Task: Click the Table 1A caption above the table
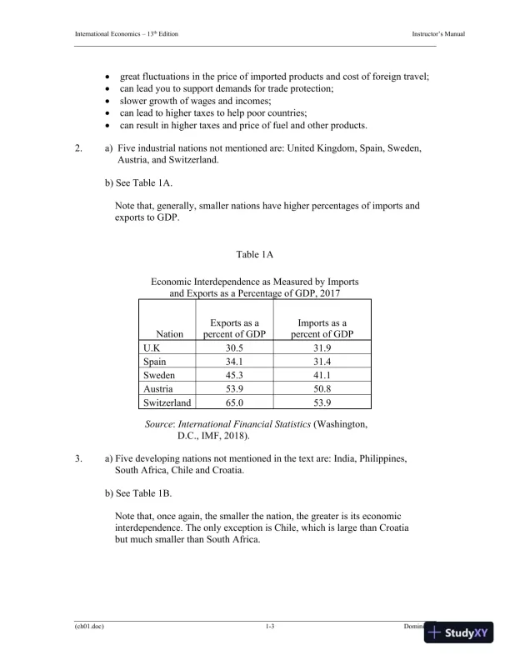[x=255, y=253]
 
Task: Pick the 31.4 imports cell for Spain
[x=322, y=362]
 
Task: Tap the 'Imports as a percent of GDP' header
[x=322, y=328]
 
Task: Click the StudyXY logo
[x=457, y=634]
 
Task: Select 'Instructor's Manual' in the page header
[x=437, y=32]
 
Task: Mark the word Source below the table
[x=161, y=425]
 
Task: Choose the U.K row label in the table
[x=154, y=347]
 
